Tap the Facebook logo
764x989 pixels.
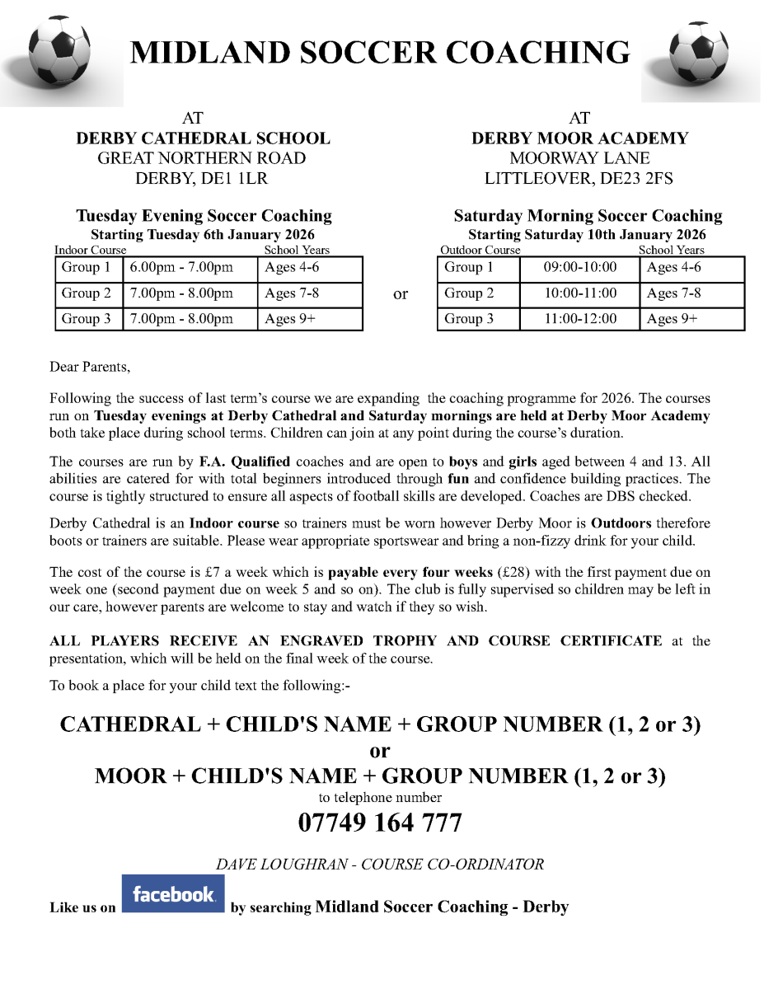point(173,893)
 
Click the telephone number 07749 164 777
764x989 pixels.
point(380,823)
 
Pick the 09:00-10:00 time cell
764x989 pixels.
point(579,268)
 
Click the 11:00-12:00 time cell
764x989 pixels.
point(579,319)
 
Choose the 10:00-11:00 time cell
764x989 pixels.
point(579,293)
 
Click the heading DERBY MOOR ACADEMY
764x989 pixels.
point(579,138)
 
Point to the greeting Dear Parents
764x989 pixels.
point(90,367)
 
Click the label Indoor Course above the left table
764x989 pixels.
point(91,250)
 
